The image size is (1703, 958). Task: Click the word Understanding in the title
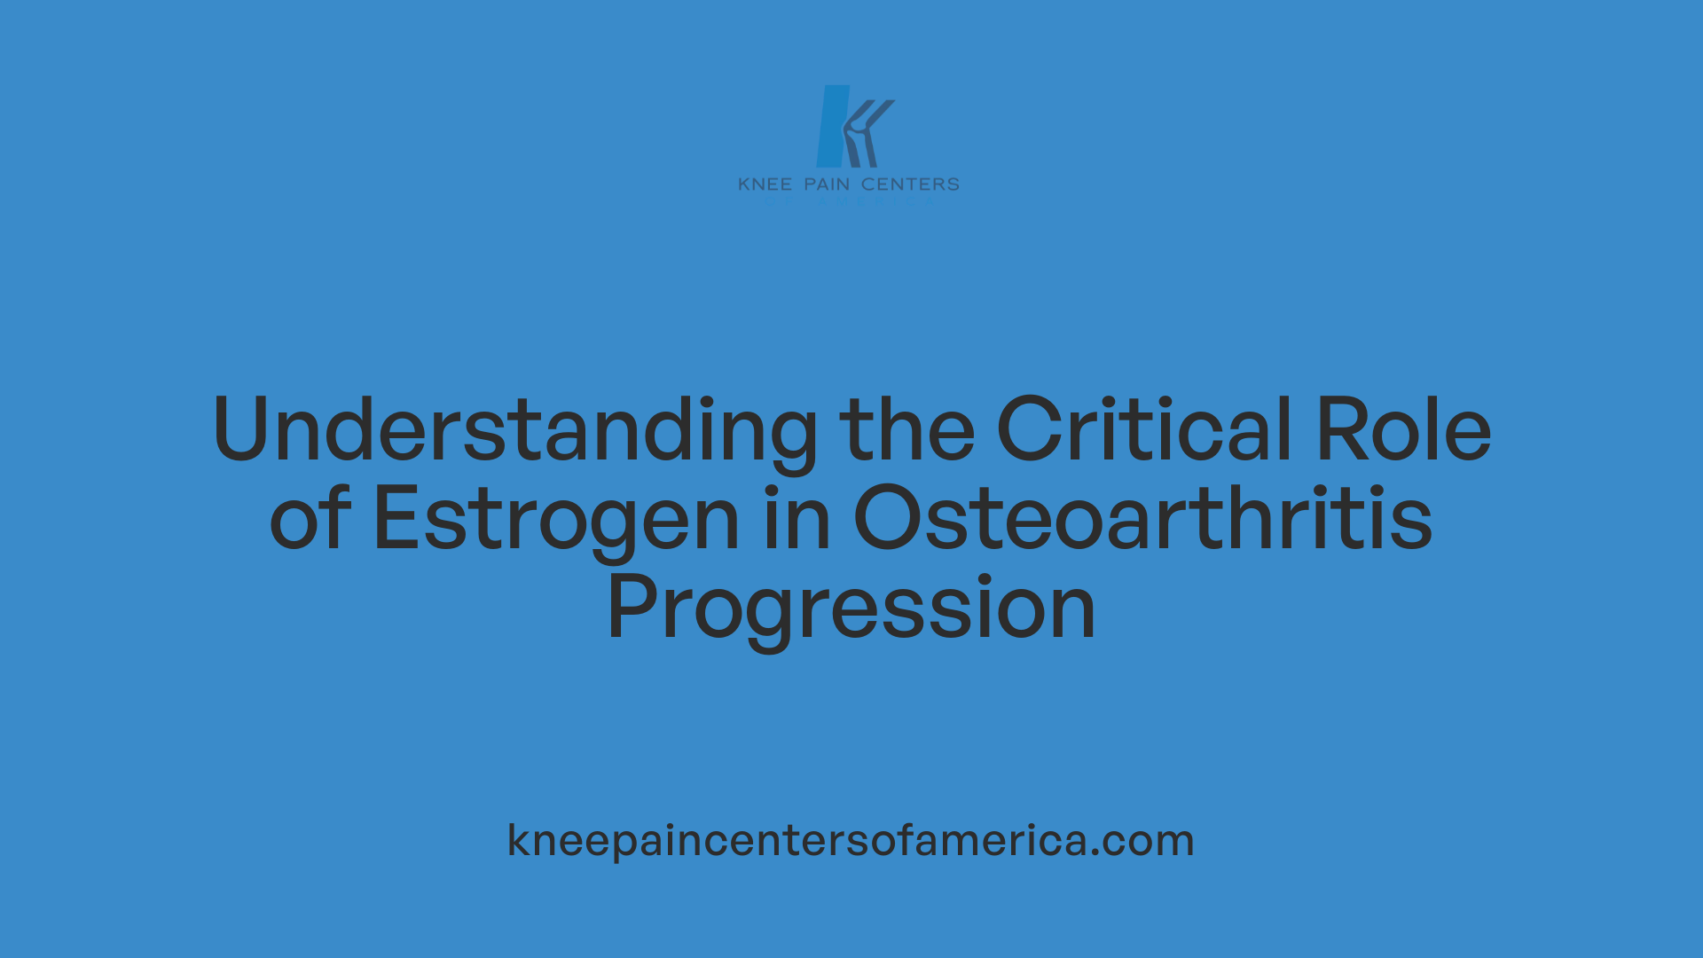coord(514,431)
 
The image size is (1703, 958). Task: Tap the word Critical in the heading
coord(1144,431)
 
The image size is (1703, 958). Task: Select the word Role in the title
coord(1403,431)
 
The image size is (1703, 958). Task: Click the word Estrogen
coord(556,520)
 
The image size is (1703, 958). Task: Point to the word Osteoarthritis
coord(1142,520)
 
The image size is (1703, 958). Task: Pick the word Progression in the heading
coord(851,609)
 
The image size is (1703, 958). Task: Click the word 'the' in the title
coord(906,431)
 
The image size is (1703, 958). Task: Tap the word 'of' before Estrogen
coord(310,520)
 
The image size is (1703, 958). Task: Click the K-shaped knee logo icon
coord(851,126)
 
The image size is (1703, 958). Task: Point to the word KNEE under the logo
coord(765,185)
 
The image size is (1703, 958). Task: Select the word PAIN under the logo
coord(827,185)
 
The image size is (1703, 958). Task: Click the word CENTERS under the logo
coord(910,185)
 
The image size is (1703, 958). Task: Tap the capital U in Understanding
coord(241,431)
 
